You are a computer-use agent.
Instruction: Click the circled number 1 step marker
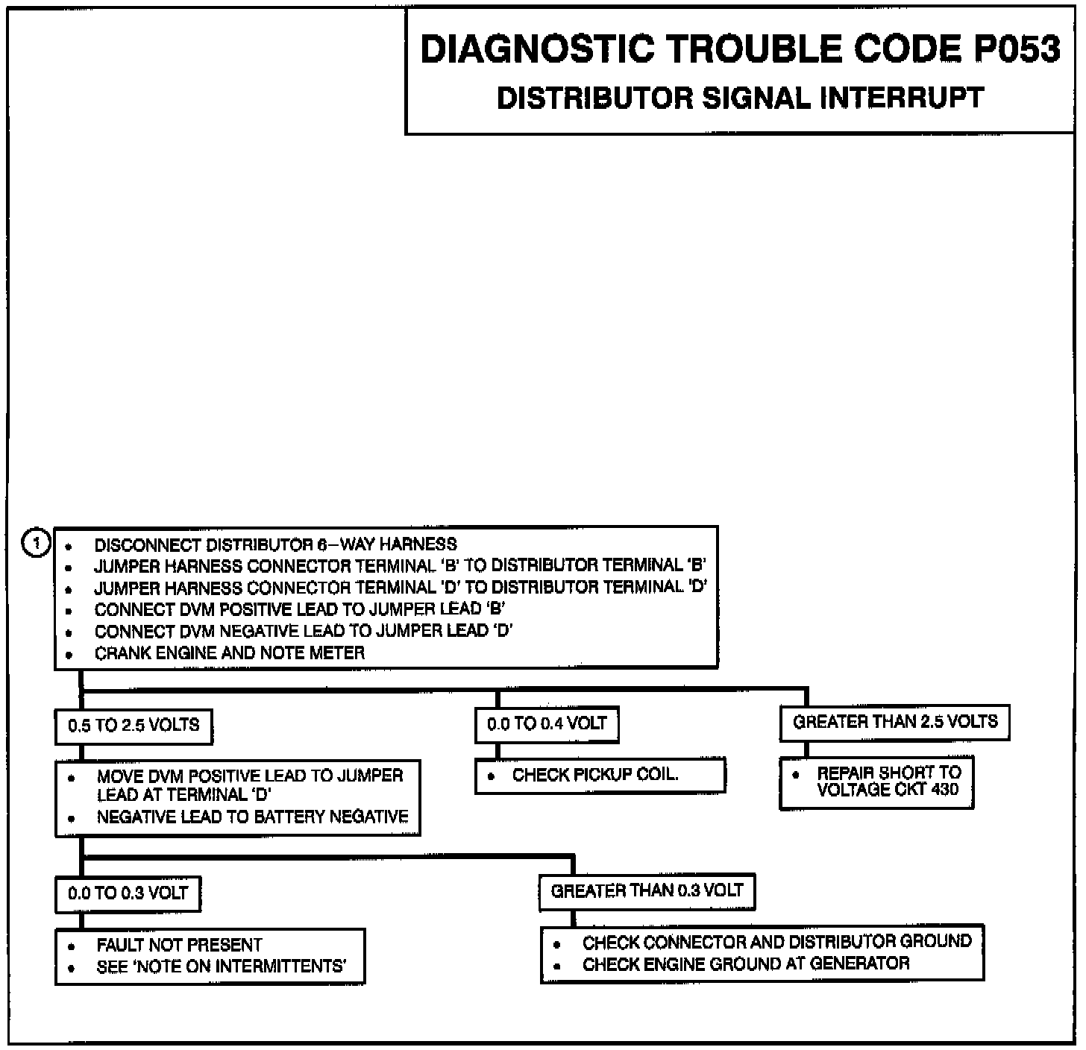[36, 543]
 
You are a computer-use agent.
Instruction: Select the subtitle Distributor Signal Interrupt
[740, 98]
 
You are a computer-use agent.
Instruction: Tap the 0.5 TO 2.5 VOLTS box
[134, 726]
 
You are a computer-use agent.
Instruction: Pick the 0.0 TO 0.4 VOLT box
[547, 723]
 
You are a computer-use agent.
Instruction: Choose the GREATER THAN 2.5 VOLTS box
[894, 722]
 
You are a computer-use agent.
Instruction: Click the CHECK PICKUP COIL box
[600, 776]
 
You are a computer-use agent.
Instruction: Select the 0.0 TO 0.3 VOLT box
[128, 893]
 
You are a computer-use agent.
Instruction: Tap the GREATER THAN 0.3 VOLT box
[647, 891]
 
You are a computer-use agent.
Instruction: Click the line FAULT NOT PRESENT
[179, 946]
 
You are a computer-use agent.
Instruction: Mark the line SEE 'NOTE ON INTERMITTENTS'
[221, 967]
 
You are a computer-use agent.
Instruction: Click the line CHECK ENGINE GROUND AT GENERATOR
[745, 964]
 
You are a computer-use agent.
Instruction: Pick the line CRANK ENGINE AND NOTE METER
[230, 653]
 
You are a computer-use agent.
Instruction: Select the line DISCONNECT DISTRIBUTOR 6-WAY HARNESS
[275, 544]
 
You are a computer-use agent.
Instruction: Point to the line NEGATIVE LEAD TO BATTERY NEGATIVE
[252, 817]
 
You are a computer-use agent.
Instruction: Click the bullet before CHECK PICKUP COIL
[491, 776]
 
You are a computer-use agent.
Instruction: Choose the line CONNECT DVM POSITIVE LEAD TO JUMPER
[300, 609]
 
